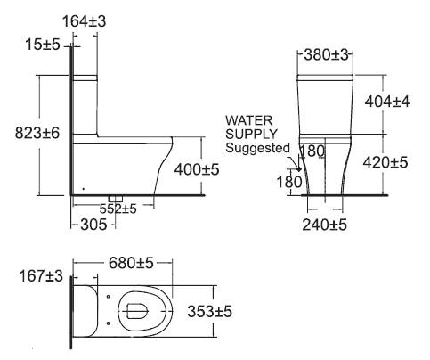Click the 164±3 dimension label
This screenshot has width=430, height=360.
pos(84,21)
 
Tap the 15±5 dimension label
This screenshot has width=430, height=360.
pos(43,45)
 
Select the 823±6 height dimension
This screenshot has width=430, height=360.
pos(37,133)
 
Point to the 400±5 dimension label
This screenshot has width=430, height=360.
pos(197,169)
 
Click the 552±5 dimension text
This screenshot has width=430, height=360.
pos(118,209)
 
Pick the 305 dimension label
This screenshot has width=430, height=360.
pos(93,225)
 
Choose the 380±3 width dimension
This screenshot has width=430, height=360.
pos(326,54)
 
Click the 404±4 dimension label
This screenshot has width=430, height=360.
pos(387,102)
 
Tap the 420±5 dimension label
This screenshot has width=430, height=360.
pos(385,162)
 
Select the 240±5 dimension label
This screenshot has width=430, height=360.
pos(324,225)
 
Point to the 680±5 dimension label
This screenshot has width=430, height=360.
pos(131,263)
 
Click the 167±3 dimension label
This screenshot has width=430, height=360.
pos(41,276)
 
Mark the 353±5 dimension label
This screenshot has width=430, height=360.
pos(209,312)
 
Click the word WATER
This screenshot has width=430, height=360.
pos(248,120)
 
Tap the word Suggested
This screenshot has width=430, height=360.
pos(257,148)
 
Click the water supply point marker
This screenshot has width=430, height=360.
pos(299,169)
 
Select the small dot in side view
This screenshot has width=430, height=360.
pos(84,189)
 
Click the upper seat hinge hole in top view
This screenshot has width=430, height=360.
pos(108,296)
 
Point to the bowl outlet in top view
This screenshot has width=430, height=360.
pos(137,311)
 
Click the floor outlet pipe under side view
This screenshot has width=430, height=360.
pos(116,198)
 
